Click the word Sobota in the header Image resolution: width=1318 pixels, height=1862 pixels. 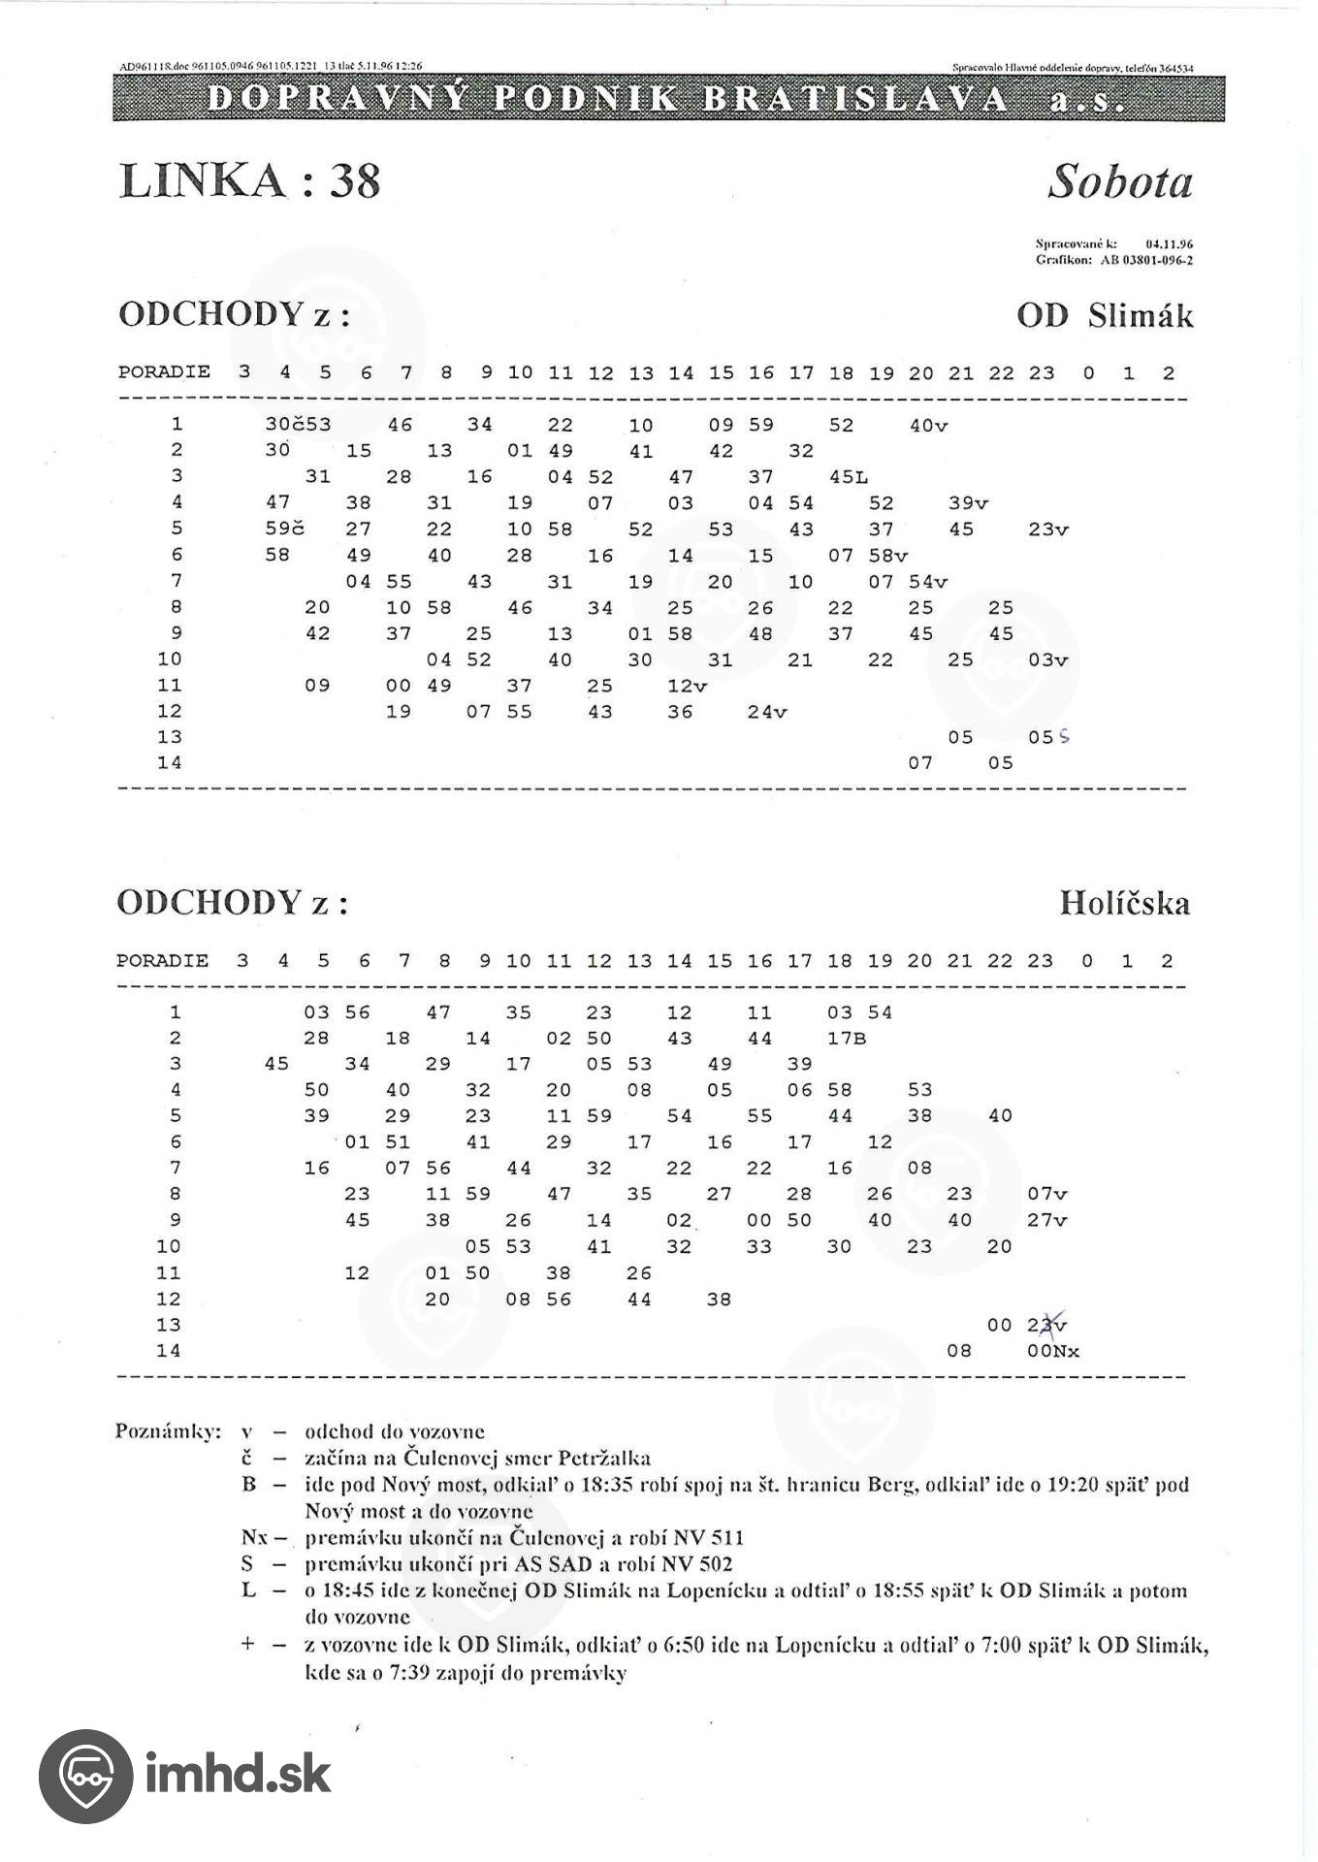point(1119,181)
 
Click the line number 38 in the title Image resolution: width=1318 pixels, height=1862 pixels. point(354,180)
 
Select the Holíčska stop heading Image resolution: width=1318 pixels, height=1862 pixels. point(1124,903)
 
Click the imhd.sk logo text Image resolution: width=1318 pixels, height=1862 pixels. point(238,1775)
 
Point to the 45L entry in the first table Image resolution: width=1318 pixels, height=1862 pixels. point(849,477)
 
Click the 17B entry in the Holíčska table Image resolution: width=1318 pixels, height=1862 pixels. point(846,1039)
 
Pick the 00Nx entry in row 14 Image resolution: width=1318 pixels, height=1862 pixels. point(1053,1351)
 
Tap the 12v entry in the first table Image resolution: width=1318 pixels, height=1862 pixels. point(687,686)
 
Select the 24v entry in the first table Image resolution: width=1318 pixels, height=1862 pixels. point(767,712)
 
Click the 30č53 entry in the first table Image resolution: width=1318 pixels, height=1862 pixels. point(298,425)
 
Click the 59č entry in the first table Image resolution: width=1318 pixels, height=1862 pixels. point(284,530)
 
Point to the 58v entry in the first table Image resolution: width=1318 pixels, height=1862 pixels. point(888,556)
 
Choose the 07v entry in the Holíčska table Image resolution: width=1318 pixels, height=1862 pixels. point(1047,1194)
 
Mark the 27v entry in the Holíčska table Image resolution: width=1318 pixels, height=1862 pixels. point(1047,1220)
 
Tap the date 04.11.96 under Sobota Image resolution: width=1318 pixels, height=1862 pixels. point(1169,245)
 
